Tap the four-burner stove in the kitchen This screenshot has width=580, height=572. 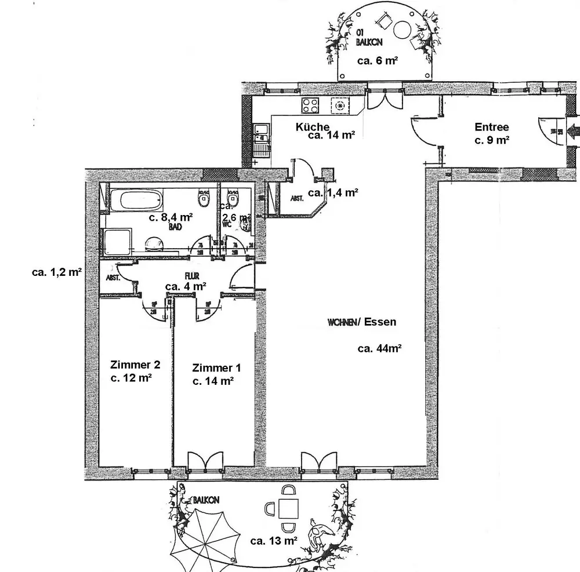310,105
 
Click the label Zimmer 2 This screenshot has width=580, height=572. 135,365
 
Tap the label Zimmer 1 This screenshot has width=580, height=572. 216,368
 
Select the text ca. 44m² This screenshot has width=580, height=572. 380,348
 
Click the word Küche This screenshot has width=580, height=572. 313,127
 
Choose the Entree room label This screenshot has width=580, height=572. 491,127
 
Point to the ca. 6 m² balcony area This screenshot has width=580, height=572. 377,60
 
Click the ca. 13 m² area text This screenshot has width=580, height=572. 274,541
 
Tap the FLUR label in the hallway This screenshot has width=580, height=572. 191,276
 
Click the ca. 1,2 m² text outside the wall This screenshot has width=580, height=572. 56,271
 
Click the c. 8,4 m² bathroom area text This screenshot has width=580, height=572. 171,218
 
